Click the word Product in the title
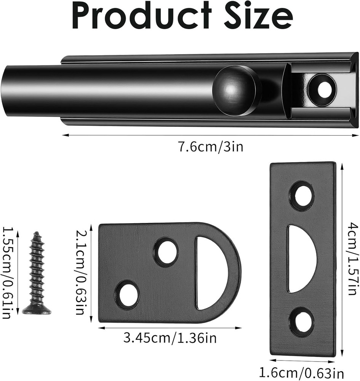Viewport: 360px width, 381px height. pos(141,16)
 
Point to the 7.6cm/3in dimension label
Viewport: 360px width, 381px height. pos(210,147)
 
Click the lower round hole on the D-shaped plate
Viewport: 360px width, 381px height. pos(127,295)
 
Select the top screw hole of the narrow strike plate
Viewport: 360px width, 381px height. pos(302,196)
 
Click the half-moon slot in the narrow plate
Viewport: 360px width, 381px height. pos(300,259)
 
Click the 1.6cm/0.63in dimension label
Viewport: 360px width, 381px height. pos(302,373)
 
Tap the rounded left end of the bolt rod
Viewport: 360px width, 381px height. pos(10,90)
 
